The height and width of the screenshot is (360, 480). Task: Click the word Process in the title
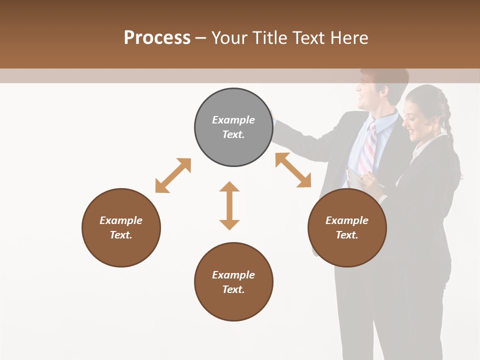(157, 37)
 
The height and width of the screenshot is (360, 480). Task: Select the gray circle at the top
(233, 127)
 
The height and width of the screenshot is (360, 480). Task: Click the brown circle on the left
(121, 227)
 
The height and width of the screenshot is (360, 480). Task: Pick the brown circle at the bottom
(233, 282)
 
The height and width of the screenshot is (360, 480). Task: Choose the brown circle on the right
(347, 227)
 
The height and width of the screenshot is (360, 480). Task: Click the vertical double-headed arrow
(229, 205)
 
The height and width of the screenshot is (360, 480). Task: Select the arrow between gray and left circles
(173, 175)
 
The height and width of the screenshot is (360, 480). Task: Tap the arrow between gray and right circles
(293, 170)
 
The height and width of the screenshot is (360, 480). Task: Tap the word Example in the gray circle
(233, 120)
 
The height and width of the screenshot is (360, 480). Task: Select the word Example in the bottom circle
(233, 274)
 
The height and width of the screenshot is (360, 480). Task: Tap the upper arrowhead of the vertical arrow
(229, 187)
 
